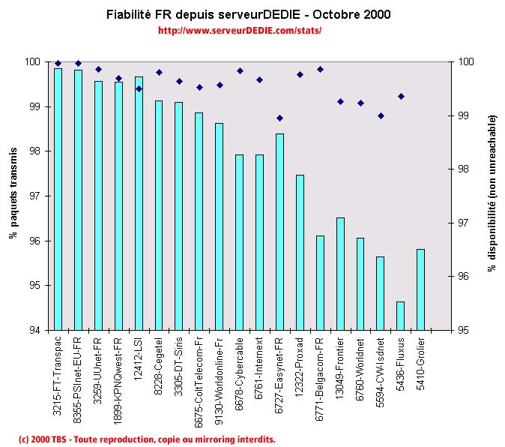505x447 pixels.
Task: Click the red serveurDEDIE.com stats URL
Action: click(x=240, y=31)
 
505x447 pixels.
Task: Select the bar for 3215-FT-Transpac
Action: click(x=58, y=199)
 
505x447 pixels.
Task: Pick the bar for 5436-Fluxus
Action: click(x=401, y=316)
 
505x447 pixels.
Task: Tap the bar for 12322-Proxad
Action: click(x=300, y=252)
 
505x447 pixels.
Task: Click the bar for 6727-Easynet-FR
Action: click(x=279, y=232)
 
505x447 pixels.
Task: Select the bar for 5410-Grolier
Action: click(x=421, y=289)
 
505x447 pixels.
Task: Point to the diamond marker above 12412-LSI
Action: click(x=139, y=88)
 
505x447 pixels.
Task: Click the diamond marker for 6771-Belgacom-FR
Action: click(x=320, y=69)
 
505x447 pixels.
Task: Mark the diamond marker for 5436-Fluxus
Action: click(x=401, y=96)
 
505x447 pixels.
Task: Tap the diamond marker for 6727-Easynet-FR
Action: click(x=279, y=118)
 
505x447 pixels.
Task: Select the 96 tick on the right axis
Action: click(x=464, y=277)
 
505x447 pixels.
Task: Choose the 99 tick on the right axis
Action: click(x=464, y=115)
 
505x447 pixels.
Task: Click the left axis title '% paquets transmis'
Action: click(x=13, y=193)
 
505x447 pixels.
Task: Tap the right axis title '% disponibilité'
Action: click(x=492, y=193)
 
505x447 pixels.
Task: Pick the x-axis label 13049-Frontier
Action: click(x=341, y=367)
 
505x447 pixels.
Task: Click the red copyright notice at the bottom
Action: click(x=147, y=439)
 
